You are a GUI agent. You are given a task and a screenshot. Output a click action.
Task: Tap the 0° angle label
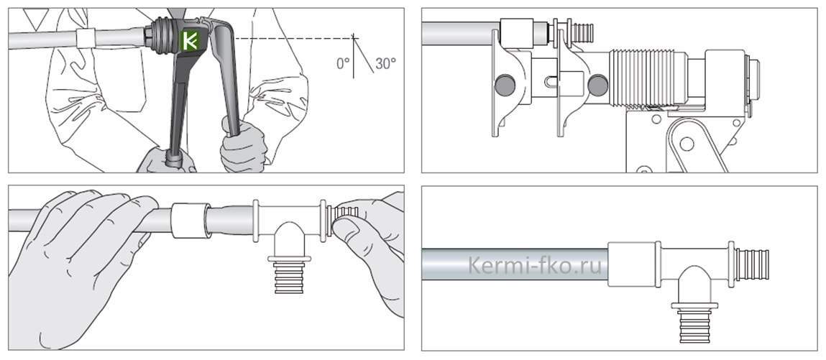(x=343, y=64)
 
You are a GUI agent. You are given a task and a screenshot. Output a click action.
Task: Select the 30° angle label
(x=385, y=64)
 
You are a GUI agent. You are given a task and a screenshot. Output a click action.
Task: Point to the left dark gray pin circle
(x=505, y=85)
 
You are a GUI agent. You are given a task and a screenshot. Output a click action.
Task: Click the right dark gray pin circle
(x=598, y=85)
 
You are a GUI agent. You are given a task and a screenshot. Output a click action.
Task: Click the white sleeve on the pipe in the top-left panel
(x=86, y=38)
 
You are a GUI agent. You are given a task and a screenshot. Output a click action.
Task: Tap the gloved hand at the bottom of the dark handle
(x=166, y=160)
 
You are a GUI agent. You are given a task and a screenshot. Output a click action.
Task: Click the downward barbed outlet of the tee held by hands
(x=289, y=275)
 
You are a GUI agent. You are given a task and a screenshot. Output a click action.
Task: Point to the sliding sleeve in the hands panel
(x=190, y=221)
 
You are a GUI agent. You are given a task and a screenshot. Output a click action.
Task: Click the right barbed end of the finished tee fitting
(x=752, y=264)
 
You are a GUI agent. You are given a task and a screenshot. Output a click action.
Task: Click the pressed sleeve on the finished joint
(x=632, y=264)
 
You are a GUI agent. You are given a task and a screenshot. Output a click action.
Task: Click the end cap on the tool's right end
(x=752, y=80)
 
